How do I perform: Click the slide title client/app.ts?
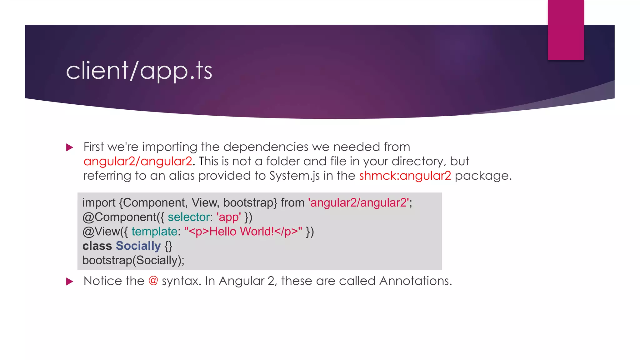pyautogui.click(x=139, y=71)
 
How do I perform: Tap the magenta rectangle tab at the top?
pyautogui.click(x=566, y=30)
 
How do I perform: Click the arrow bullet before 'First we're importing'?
pyautogui.click(x=70, y=147)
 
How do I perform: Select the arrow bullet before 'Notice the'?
pyautogui.click(x=70, y=282)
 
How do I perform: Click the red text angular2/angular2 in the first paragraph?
pyautogui.click(x=138, y=161)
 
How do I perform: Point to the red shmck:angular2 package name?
pyautogui.click(x=405, y=176)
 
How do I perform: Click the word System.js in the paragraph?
pyautogui.click(x=294, y=176)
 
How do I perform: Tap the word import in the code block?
pyautogui.click(x=99, y=203)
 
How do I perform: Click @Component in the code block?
pyautogui.click(x=119, y=217)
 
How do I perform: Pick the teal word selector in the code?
pyautogui.click(x=188, y=217)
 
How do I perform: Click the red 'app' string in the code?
pyautogui.click(x=228, y=217)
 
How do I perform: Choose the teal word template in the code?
pyautogui.click(x=154, y=232)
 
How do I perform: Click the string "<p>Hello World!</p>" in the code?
pyautogui.click(x=243, y=232)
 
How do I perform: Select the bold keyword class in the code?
pyautogui.click(x=97, y=246)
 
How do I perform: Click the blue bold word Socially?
pyautogui.click(x=138, y=246)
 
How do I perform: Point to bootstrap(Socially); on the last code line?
pyautogui.click(x=133, y=260)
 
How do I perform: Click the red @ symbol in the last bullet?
pyautogui.click(x=153, y=281)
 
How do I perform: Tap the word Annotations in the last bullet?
pyautogui.click(x=415, y=281)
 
